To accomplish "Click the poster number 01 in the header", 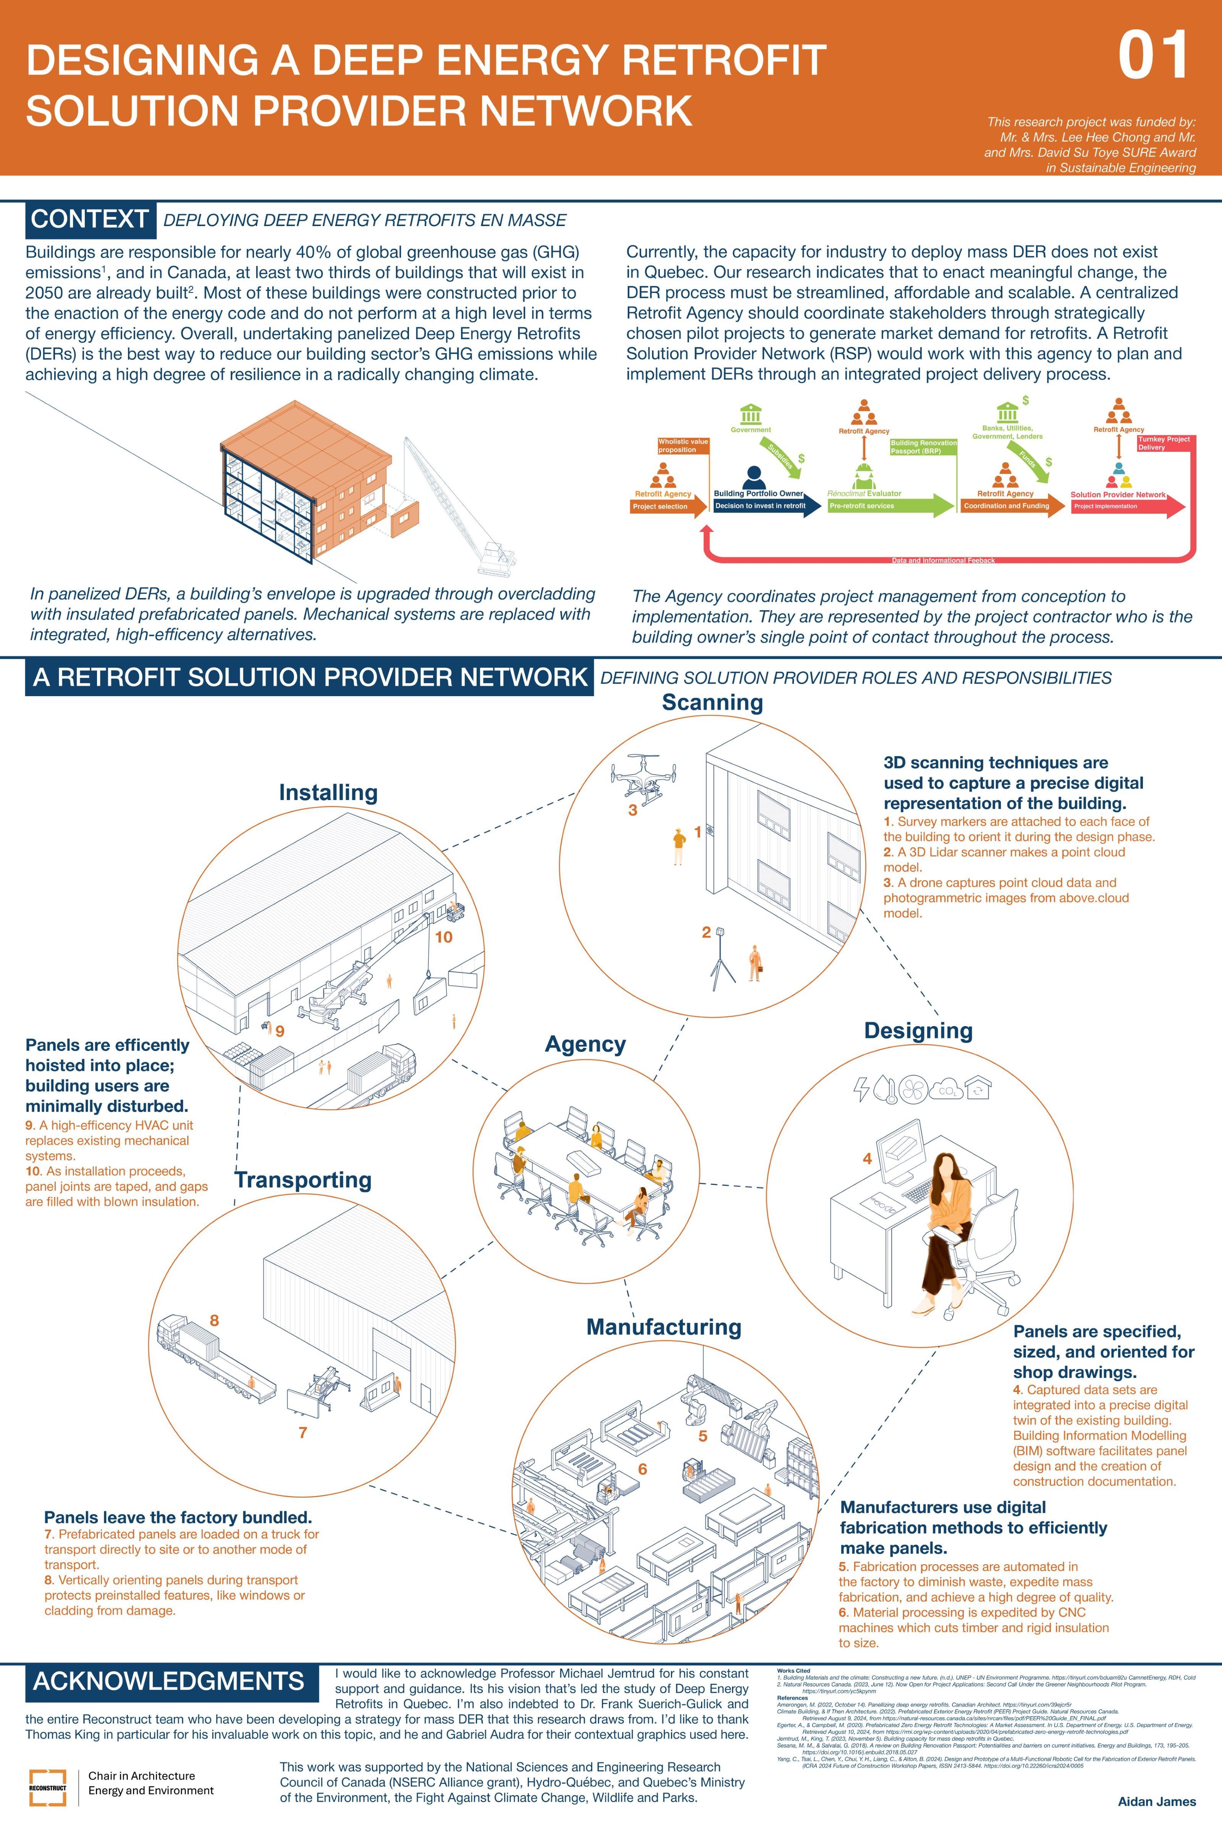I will coord(1153,56).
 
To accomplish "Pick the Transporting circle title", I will coord(303,1180).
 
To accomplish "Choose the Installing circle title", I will coord(328,793).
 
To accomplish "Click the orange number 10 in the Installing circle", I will coord(443,937).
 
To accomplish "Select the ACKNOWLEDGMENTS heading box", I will coord(168,1682).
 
